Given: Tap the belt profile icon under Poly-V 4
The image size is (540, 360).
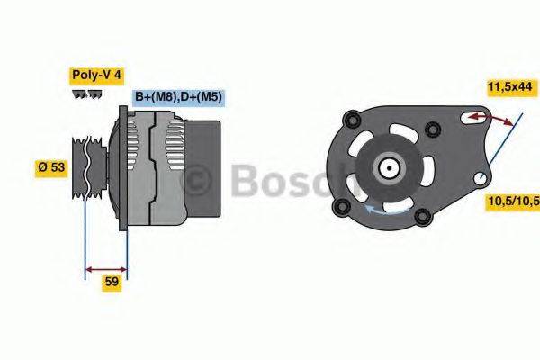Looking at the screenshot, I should [85, 94].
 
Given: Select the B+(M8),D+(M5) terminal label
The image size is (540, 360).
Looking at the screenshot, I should [177, 96].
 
